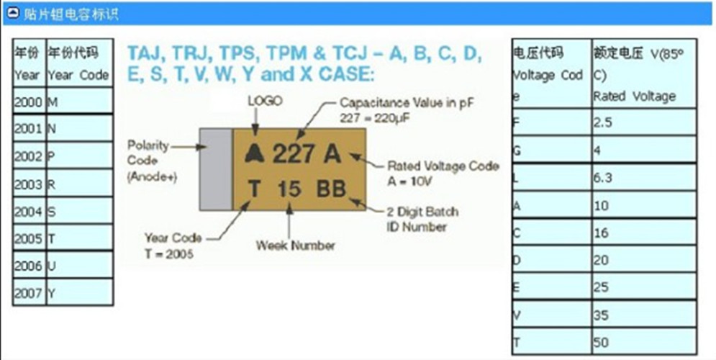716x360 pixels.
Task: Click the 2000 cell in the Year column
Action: point(29,102)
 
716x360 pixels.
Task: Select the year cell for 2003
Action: point(29,184)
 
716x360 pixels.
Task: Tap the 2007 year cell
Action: point(29,293)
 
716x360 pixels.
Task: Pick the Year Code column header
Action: point(79,63)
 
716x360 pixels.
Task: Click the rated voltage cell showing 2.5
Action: point(643,123)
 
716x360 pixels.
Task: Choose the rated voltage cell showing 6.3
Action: point(643,178)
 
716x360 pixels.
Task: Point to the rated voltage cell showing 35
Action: point(643,315)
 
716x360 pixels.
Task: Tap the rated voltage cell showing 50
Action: point(643,341)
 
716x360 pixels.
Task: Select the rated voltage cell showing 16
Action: point(643,233)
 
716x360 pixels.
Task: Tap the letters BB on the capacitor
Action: point(332,189)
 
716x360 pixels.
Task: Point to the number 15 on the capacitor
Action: point(289,189)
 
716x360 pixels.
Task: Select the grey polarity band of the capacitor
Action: point(214,169)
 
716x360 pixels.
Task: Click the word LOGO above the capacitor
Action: point(265,101)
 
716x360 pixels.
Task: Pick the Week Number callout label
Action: point(295,246)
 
